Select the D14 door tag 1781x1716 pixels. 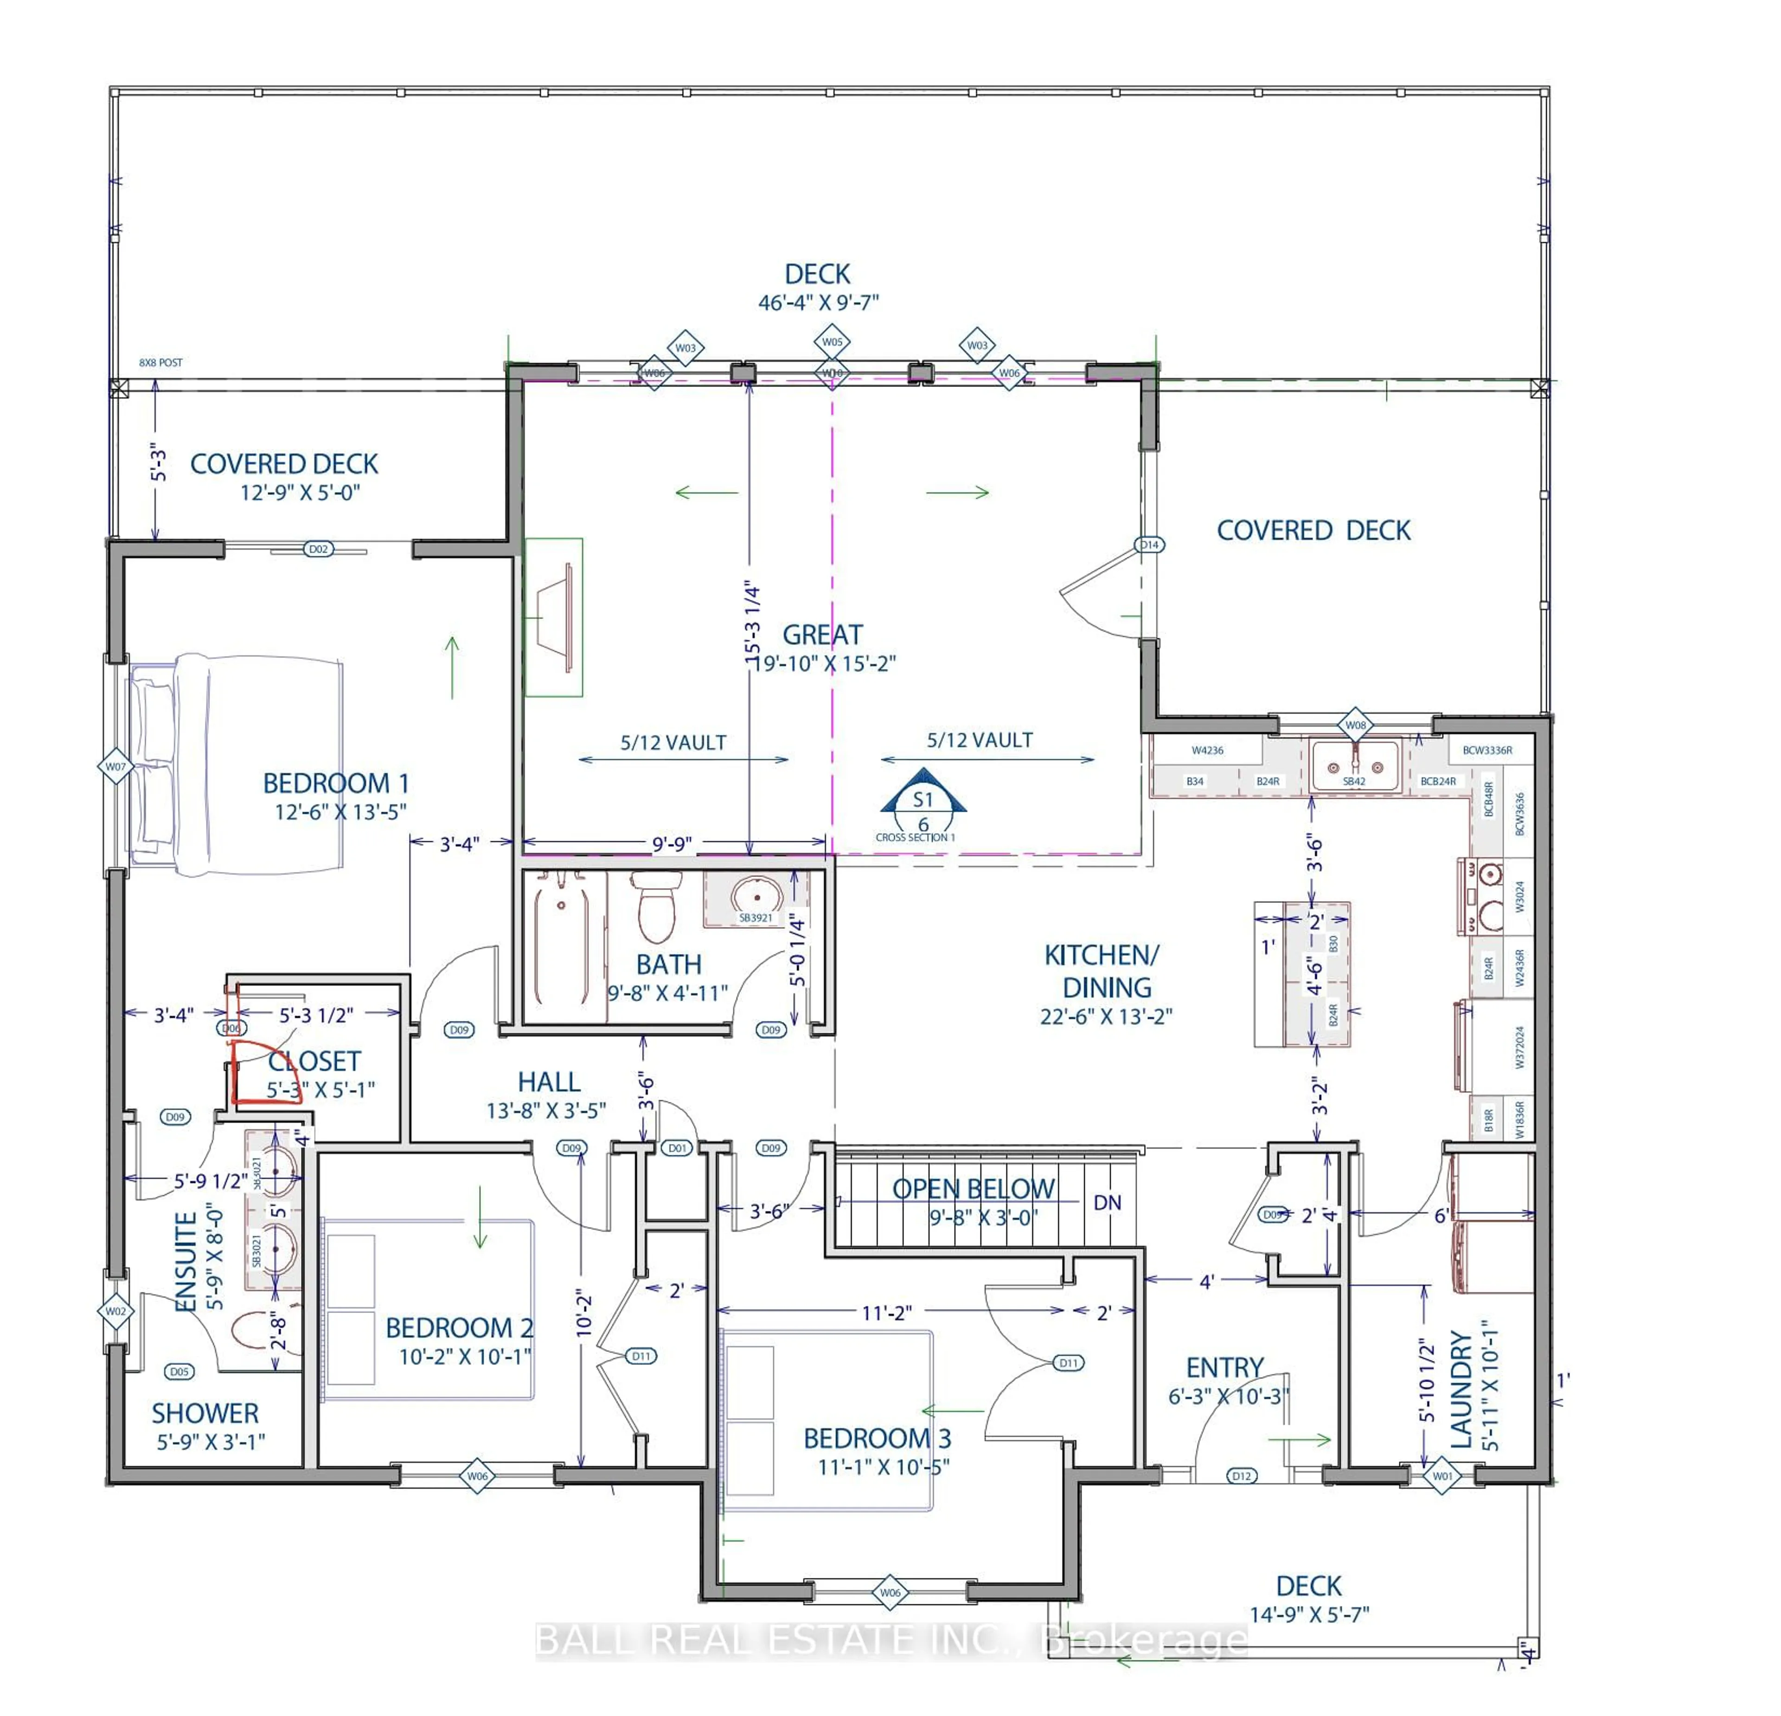(x=1149, y=545)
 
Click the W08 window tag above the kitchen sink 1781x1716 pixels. (x=1355, y=725)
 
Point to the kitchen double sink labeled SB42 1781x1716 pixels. (x=1354, y=766)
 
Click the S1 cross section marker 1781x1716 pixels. (x=923, y=800)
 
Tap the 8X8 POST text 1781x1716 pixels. (x=161, y=363)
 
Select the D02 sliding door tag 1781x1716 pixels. (x=318, y=549)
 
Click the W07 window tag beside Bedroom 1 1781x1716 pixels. (x=115, y=767)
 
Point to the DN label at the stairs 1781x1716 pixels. (x=1107, y=1203)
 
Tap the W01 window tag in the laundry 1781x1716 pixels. (x=1442, y=1476)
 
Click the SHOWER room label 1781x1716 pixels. (x=205, y=1414)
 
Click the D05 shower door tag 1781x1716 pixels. (x=179, y=1372)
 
